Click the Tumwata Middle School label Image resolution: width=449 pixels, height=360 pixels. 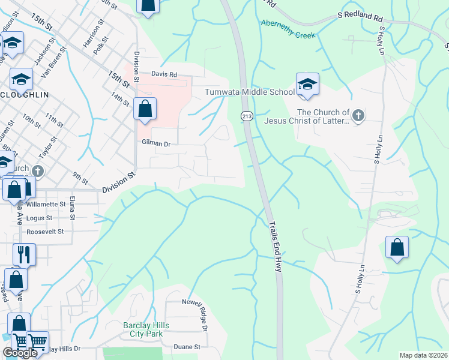(250, 92)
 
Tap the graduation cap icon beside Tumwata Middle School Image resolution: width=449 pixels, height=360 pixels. (307, 85)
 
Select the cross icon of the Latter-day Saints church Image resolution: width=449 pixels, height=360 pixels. (358, 115)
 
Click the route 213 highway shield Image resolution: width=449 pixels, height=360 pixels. (247, 115)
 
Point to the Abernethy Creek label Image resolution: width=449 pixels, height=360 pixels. (288, 29)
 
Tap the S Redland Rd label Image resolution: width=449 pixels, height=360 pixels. (360, 19)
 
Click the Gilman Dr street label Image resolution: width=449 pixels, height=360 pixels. (157, 143)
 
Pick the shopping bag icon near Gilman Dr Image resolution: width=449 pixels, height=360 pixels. (145, 110)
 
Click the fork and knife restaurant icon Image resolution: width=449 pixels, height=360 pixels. (24, 254)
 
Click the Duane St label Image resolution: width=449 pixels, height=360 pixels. (187, 347)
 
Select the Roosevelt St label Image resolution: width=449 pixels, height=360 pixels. (45, 229)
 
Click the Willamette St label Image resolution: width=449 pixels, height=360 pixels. (45, 204)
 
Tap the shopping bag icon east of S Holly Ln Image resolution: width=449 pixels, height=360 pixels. (397, 247)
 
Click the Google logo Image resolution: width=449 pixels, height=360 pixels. (20, 353)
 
